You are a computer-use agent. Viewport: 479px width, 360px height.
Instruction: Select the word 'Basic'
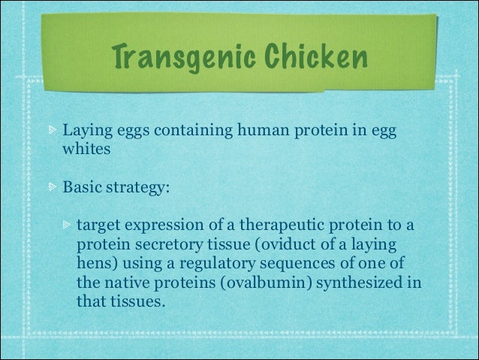tap(83, 186)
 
